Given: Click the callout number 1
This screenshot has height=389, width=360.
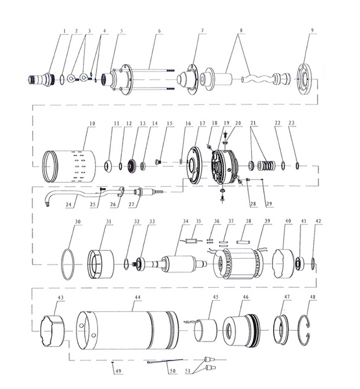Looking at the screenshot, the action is [65, 31].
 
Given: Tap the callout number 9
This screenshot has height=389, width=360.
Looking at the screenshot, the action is [313, 30].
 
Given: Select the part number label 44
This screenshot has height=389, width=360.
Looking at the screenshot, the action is [138, 298].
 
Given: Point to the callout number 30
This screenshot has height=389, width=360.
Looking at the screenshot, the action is [78, 222].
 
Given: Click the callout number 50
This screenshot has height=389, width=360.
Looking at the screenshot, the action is [173, 371].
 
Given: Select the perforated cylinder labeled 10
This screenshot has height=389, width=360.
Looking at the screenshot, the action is [69, 166].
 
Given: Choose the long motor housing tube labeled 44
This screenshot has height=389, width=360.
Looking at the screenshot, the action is [127, 331].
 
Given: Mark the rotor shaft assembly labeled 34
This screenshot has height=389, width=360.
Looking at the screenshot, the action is [171, 264].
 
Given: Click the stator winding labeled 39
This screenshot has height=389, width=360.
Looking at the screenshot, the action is [238, 263].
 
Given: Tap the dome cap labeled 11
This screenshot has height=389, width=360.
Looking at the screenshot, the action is [108, 166].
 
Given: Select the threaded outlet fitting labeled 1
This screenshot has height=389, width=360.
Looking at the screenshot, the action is [42, 79].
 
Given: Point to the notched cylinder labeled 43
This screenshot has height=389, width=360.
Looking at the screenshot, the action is [52, 331].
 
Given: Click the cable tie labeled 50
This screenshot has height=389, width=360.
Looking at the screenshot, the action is [165, 360].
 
